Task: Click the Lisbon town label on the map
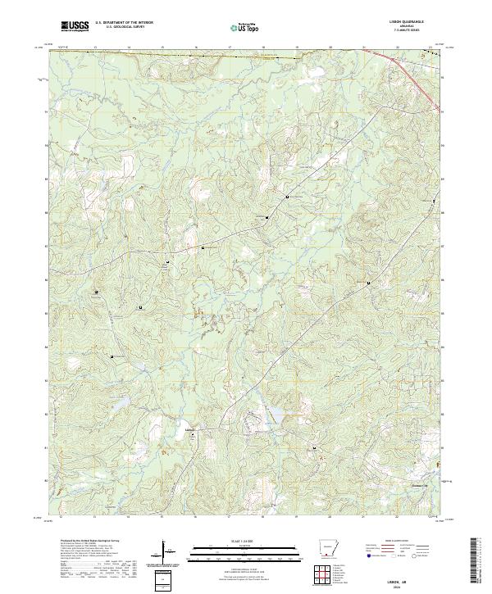pos(191,427)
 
